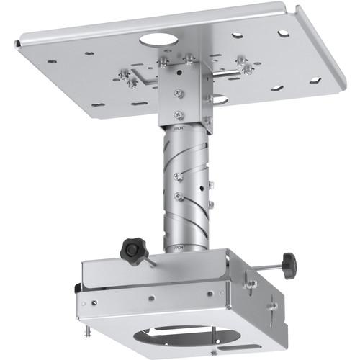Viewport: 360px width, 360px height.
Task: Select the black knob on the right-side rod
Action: click(288, 266)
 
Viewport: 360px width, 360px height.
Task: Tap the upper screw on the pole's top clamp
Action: click(179, 94)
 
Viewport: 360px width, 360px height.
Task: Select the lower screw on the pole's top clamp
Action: click(179, 114)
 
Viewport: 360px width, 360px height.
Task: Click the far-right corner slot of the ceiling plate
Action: click(315, 80)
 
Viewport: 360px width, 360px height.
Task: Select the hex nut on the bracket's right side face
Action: click(251, 284)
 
